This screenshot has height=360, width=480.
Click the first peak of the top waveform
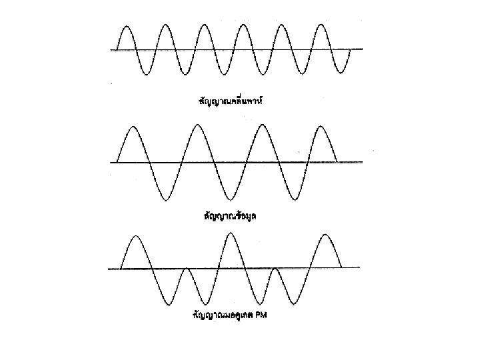[x=126, y=25]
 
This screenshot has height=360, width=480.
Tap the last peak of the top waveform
[x=322, y=25]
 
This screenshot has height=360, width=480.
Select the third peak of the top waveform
[x=204, y=25]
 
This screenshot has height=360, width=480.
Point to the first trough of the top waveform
[x=145, y=73]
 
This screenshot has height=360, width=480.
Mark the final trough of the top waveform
[x=341, y=73]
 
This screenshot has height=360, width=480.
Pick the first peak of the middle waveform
[x=133, y=127]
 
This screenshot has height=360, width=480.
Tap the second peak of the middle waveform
[x=197, y=126]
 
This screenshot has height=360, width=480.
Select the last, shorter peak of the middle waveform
[x=323, y=127]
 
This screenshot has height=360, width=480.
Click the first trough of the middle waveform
[x=165, y=199]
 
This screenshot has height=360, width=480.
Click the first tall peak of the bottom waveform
[x=136, y=237]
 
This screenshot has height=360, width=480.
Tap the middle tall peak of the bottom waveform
[x=230, y=234]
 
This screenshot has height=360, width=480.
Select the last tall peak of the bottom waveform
[x=325, y=235]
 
